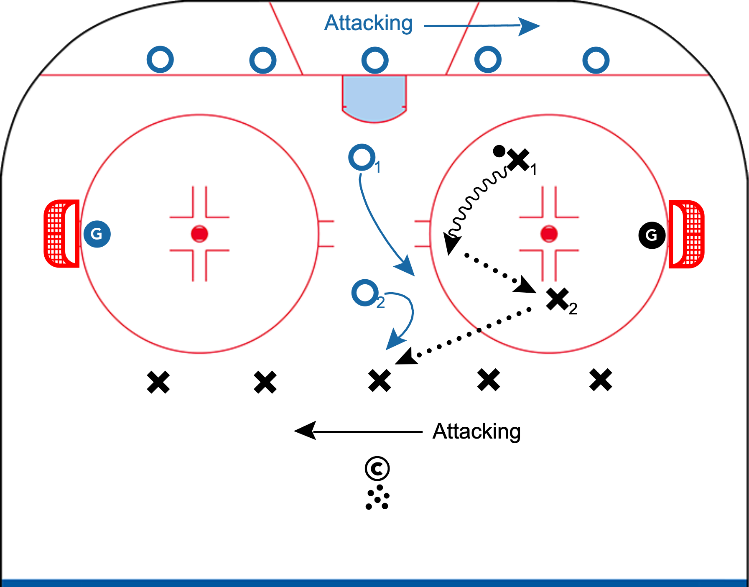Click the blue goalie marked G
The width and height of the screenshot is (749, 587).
coord(97,234)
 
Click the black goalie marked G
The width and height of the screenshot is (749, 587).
coord(652,235)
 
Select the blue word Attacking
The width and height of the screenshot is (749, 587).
coord(369,23)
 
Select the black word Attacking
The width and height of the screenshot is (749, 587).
coord(476,431)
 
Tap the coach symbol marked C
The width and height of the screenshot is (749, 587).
coord(377,469)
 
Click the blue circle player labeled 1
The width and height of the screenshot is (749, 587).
coord(362,158)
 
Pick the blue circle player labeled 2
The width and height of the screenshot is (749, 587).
coord(365,293)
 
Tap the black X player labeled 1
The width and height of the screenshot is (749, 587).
coord(518,160)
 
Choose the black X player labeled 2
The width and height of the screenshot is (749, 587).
coord(558,299)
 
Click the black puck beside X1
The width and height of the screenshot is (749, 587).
coord(499,151)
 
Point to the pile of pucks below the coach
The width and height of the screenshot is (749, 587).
coord(377,498)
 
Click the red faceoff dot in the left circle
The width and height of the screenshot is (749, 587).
coord(199,234)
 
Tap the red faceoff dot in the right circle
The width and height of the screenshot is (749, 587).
coord(549,234)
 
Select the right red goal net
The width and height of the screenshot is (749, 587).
coord(686,234)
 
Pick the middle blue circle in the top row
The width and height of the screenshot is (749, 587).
coord(375,60)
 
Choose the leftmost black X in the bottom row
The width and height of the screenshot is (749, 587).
coord(158,382)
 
